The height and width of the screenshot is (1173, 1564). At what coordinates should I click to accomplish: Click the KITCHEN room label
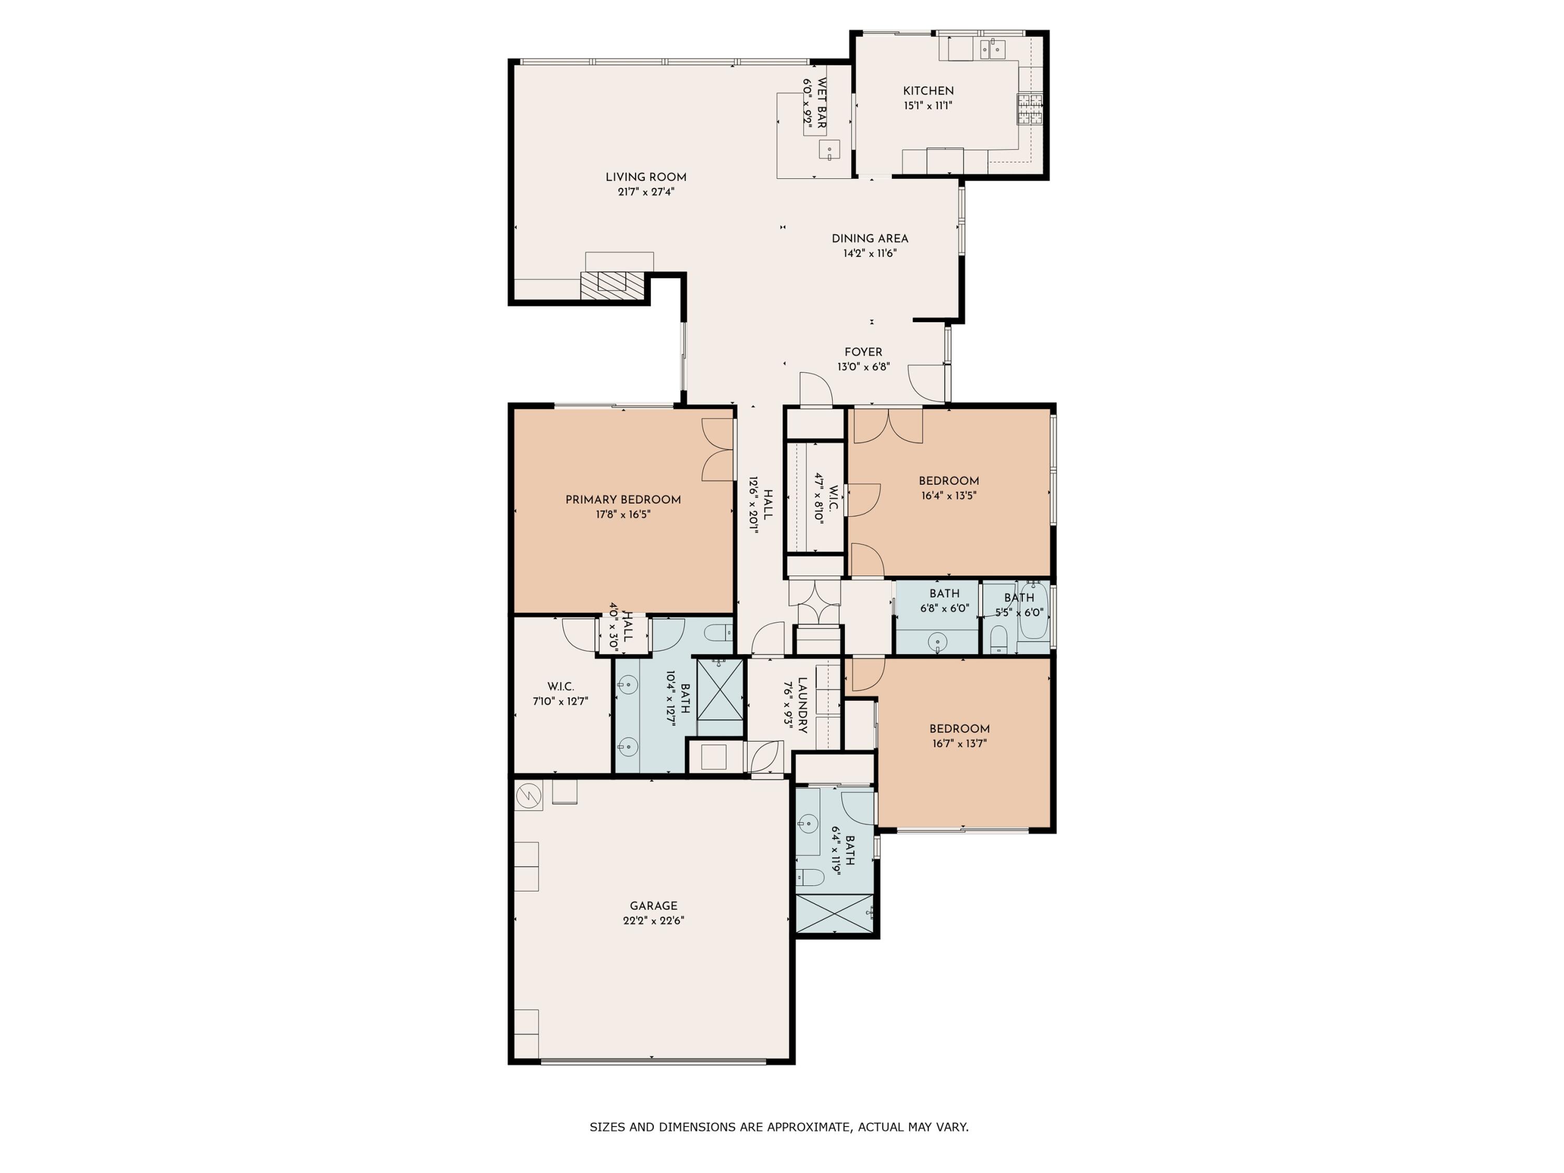coord(927,91)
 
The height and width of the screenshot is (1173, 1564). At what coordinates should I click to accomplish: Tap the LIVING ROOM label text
coord(645,177)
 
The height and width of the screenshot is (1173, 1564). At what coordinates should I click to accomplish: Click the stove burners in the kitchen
coord(1030,109)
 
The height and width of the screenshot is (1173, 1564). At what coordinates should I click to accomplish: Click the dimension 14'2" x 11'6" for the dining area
coord(870,253)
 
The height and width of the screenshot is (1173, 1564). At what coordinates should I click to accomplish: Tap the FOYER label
coord(863,351)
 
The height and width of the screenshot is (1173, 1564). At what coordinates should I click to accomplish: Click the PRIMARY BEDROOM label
coord(623,499)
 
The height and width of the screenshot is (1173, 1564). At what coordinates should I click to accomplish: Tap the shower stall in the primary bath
coord(720,688)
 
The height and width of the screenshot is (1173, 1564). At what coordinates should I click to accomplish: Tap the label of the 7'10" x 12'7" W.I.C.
coord(560,687)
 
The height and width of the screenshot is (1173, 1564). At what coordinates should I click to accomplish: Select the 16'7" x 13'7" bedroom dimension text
coord(958,743)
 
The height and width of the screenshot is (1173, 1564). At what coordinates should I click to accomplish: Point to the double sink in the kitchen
coord(993,48)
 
